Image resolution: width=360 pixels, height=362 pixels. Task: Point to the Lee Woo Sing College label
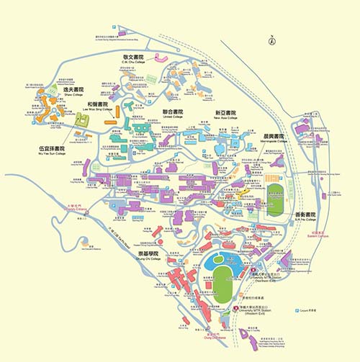pos(96,108)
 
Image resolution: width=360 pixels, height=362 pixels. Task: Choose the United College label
pos(173,117)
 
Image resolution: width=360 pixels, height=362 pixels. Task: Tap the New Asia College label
pos(226,117)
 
